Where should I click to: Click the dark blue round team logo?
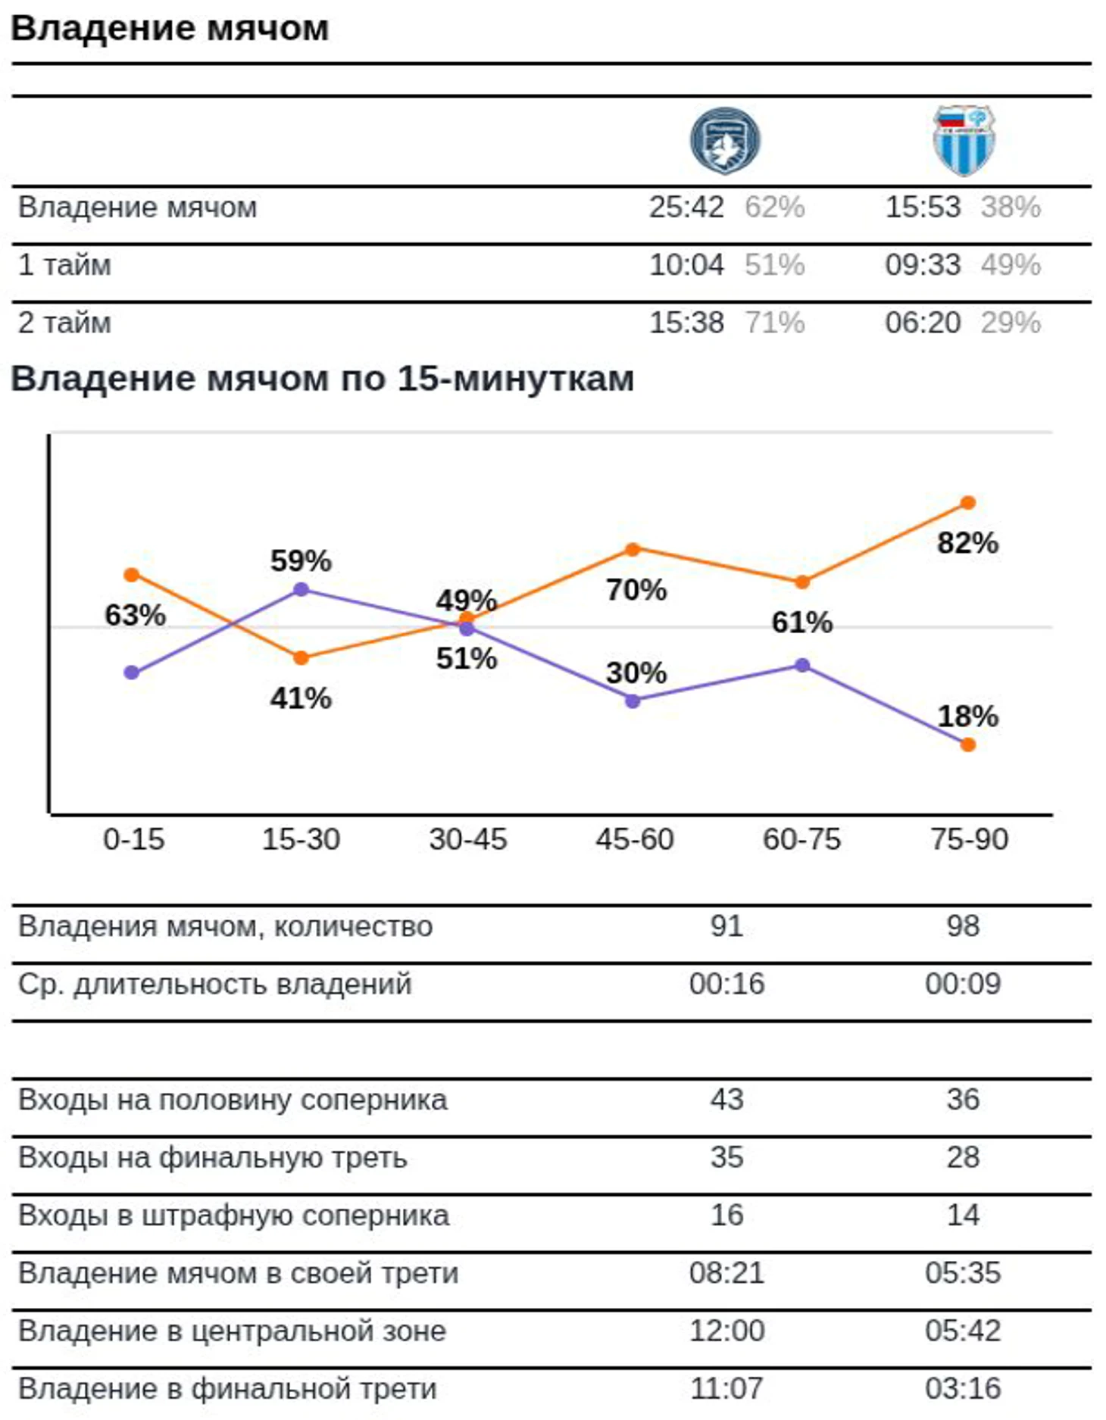725,141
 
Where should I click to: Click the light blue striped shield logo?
964,141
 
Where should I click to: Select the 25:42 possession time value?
686,207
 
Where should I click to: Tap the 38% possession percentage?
1011,207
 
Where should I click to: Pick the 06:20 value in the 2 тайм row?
923,323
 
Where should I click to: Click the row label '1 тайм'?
64,265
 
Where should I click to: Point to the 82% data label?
967,543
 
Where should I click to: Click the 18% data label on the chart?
967,716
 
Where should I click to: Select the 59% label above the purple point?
301,561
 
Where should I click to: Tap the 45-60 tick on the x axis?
635,839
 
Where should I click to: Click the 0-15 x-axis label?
133,839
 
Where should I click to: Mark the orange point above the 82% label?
967,503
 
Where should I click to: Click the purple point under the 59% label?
301,589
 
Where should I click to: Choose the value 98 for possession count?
963,925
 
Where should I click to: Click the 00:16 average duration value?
726,984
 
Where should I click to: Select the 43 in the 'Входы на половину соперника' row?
726,1099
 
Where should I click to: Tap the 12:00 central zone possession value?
726,1331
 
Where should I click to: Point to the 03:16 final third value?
963,1388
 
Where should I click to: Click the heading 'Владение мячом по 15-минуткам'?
322,378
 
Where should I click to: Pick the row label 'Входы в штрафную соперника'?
233,1215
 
